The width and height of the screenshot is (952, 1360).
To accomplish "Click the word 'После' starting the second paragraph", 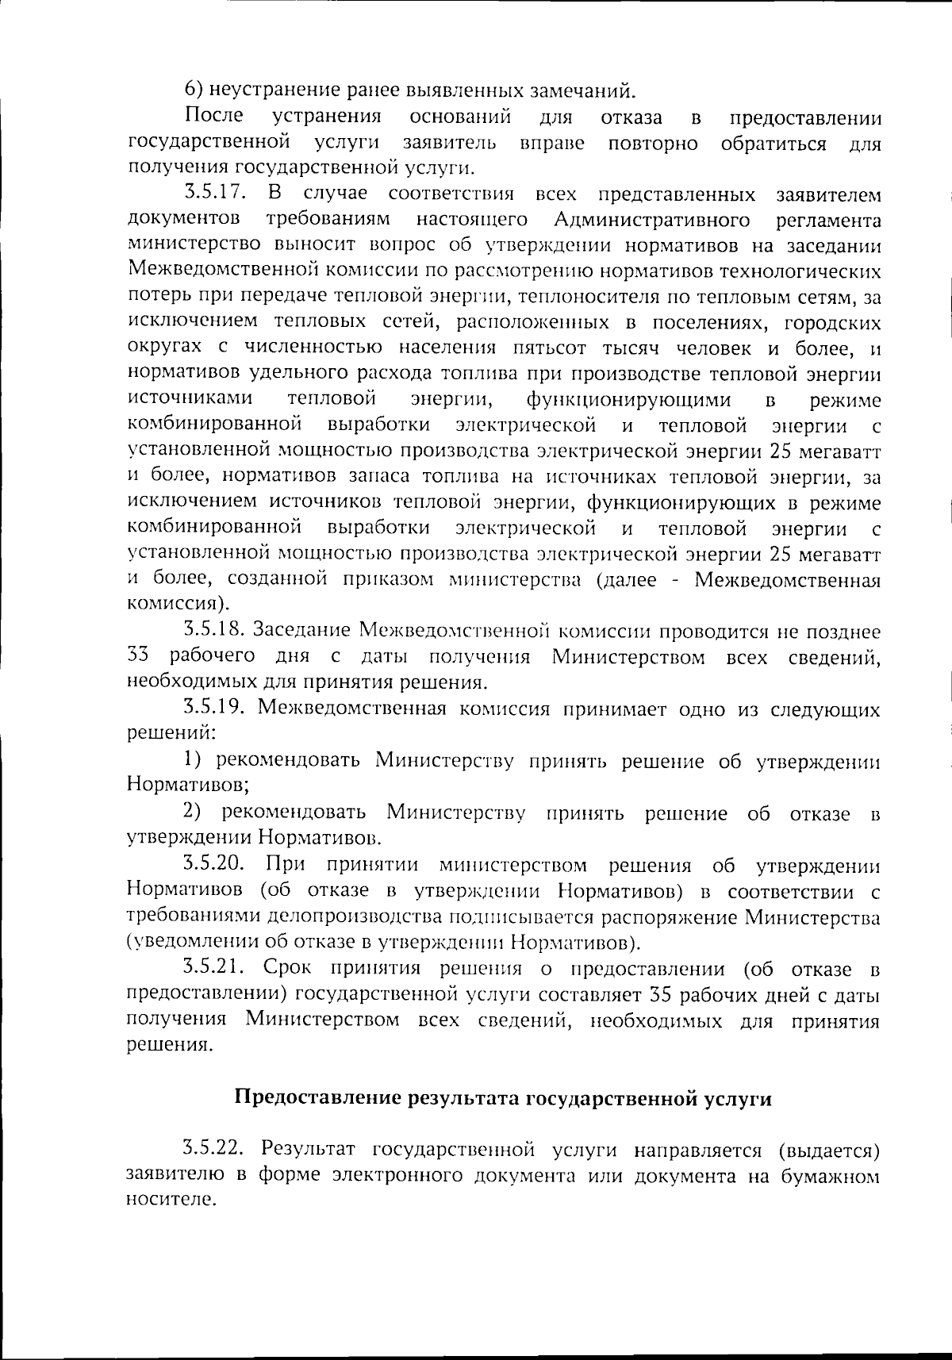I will click(x=214, y=117).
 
